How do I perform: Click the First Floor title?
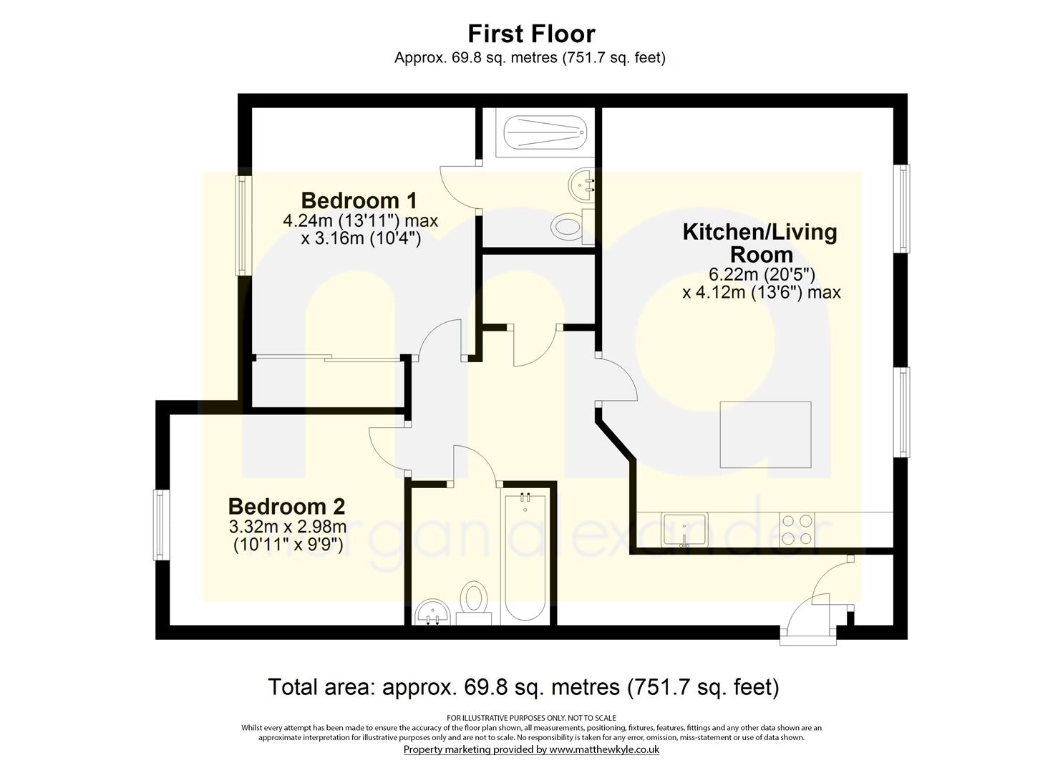coord(531,34)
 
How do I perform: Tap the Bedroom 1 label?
coord(359,200)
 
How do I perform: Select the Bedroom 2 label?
coord(286,507)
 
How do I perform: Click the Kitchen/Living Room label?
coord(761,243)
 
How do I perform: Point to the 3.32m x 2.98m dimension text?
coord(288,526)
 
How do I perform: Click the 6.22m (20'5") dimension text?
coord(762,274)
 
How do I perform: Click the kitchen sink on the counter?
coord(685,530)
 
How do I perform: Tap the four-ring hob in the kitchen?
coord(797,530)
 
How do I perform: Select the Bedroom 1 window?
coord(244,225)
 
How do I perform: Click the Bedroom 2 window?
coord(161,525)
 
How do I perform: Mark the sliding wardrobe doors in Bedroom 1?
coord(327,359)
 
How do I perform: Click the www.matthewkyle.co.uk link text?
coord(604,749)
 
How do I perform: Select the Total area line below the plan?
coord(523,687)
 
